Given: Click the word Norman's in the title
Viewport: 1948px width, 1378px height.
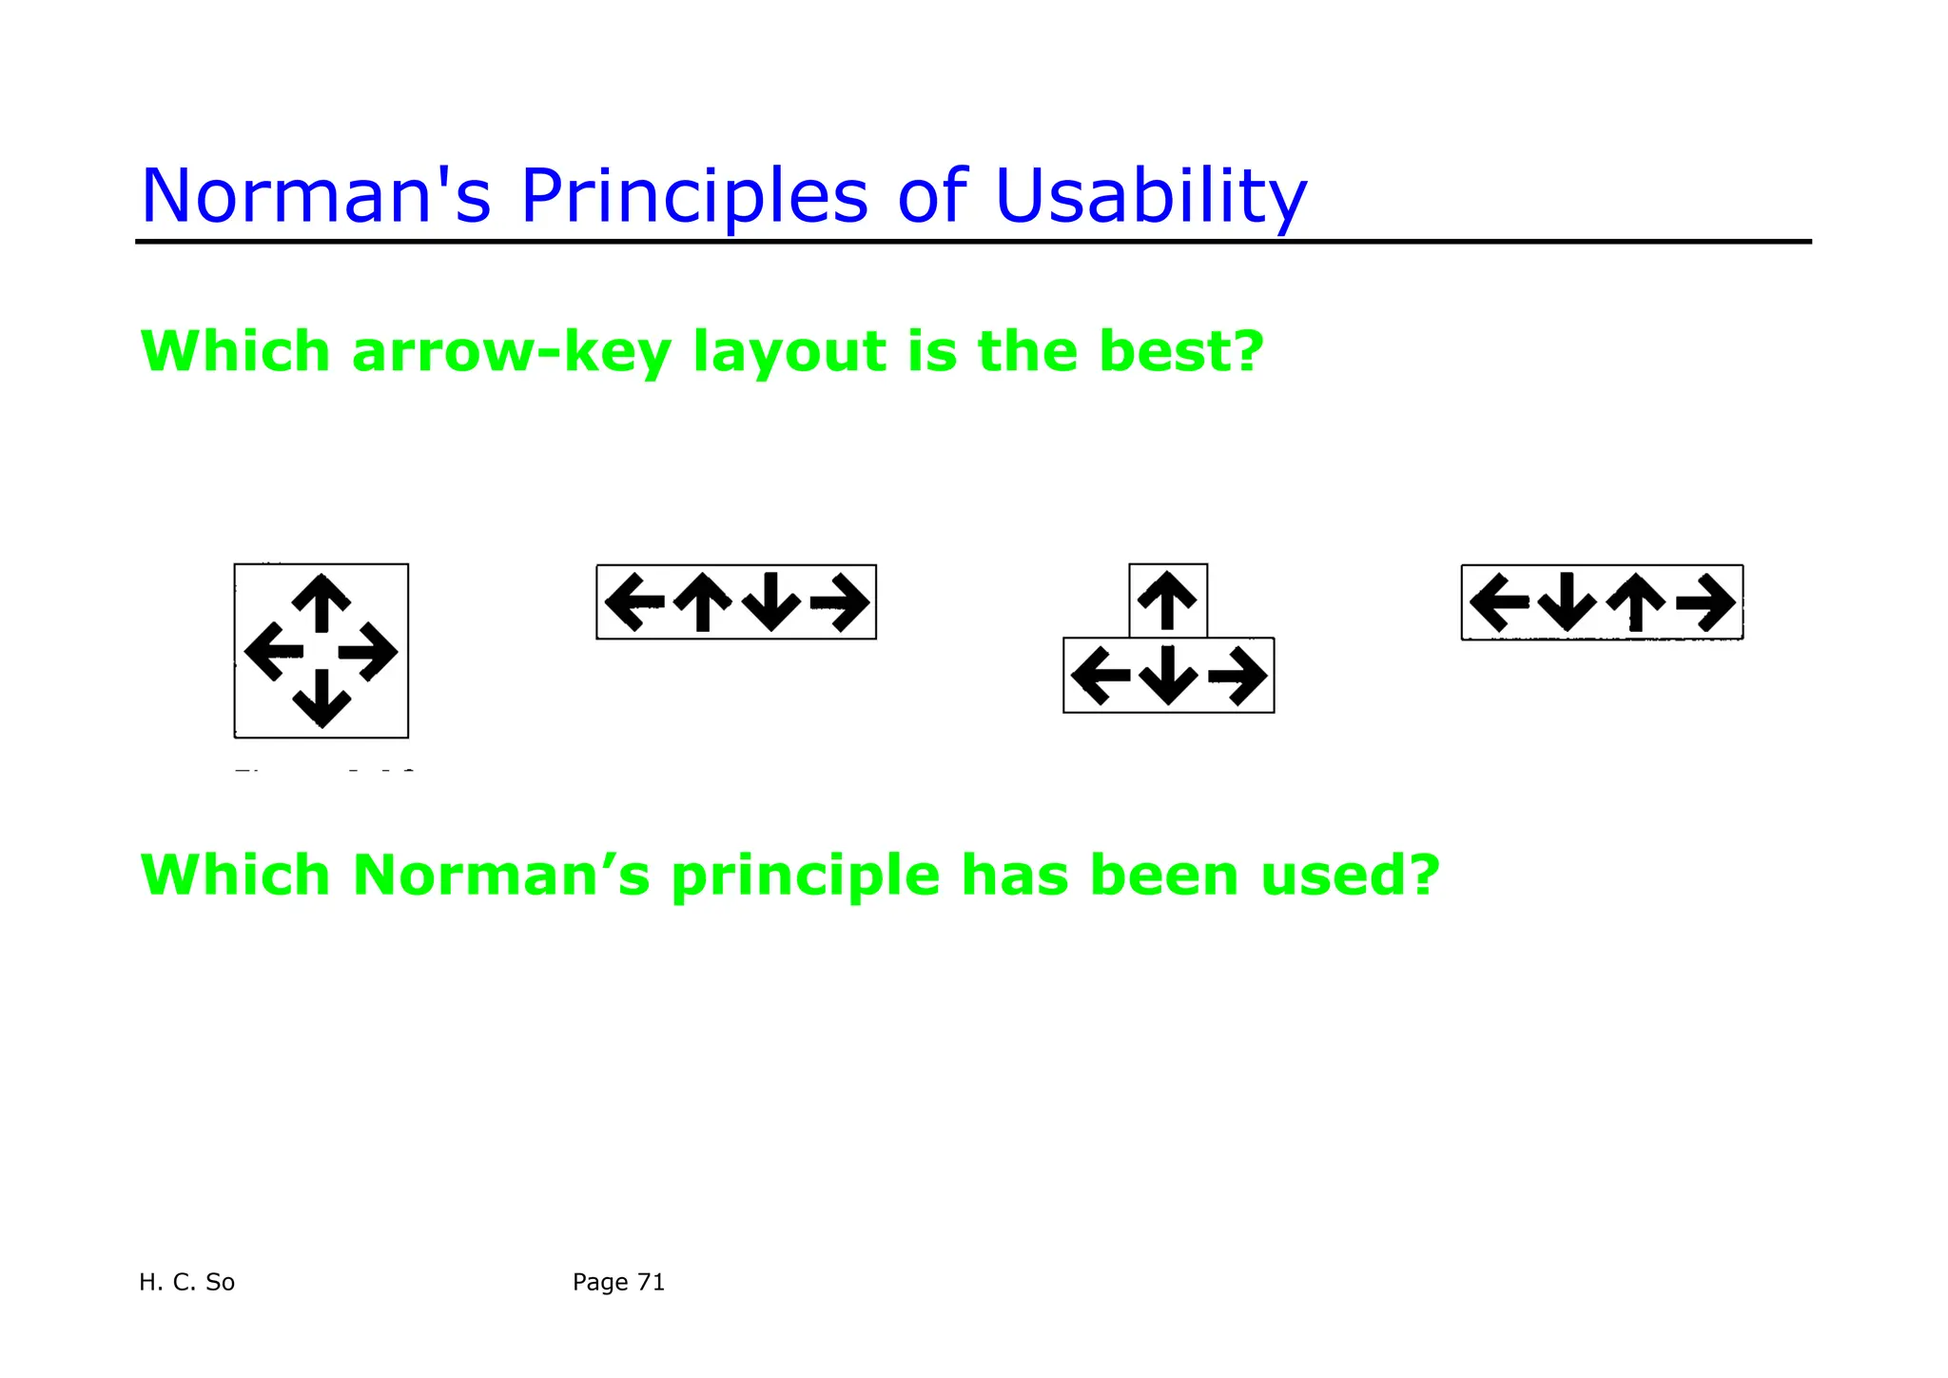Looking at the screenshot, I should (315, 196).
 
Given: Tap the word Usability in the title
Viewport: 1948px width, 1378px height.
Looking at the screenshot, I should (1151, 196).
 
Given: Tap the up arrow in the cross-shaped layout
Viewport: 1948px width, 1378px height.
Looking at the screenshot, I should (321, 602).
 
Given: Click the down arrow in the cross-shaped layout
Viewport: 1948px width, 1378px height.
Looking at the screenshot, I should (321, 699).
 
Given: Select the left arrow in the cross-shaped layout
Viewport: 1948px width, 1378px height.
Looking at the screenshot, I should (274, 652).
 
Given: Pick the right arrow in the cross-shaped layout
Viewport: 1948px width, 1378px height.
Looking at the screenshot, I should (368, 652).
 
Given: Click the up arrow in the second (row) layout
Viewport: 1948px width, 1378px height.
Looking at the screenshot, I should (702, 601).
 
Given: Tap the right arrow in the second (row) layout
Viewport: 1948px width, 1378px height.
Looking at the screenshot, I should (839, 601).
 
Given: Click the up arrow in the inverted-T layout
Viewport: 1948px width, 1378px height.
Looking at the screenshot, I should (1167, 600).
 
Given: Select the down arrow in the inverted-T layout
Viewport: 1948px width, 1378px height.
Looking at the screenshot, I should (1168, 675).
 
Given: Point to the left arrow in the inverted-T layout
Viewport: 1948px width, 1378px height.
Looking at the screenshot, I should (1101, 675).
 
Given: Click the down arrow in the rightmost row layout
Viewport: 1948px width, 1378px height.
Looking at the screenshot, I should (1567, 601).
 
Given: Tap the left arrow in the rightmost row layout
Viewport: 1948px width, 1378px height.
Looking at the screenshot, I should (1499, 601).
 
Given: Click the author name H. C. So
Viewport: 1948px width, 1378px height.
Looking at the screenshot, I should (186, 1282).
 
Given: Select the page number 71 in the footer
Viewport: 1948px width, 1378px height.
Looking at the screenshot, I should (651, 1282).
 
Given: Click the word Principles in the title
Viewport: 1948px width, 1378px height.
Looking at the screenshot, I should (694, 196).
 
